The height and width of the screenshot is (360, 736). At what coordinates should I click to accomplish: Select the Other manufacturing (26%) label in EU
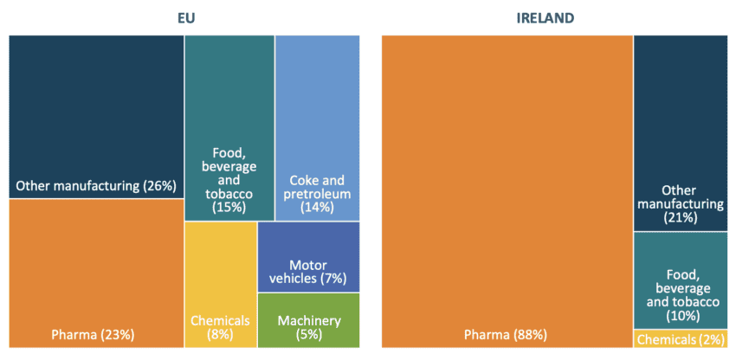(96, 185)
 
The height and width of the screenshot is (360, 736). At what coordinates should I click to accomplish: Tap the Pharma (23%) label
(96, 334)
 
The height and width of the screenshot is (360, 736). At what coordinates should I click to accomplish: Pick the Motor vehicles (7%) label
(308, 271)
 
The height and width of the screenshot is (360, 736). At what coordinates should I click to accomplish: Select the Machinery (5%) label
(309, 327)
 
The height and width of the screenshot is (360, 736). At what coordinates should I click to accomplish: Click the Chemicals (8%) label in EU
(220, 327)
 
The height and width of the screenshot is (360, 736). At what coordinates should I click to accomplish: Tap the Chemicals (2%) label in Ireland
(680, 339)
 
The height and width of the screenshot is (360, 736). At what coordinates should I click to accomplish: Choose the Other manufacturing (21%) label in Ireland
(680, 203)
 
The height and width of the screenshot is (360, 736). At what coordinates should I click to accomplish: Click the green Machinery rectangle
(309, 306)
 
